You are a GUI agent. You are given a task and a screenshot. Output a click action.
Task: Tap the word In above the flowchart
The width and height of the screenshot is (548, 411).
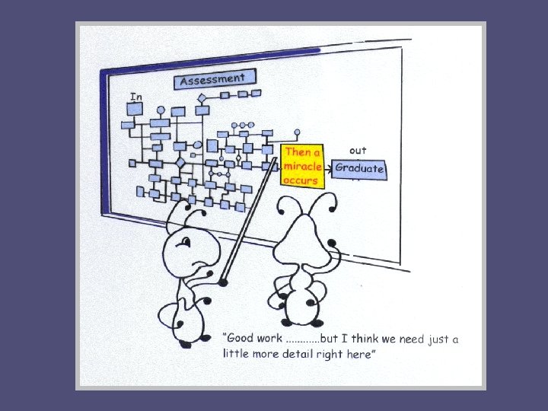tap(135, 97)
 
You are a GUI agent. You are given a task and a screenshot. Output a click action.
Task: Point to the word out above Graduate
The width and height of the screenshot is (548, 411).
tap(357, 150)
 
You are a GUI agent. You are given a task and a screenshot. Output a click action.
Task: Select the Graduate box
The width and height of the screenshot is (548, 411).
tap(359, 169)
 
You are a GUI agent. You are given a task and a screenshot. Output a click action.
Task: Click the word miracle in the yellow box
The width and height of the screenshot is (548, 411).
tap(303, 167)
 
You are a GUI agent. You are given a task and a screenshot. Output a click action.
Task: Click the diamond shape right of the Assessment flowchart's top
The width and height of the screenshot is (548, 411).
tap(202, 98)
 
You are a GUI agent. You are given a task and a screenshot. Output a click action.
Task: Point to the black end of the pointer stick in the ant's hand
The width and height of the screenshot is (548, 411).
tap(223, 282)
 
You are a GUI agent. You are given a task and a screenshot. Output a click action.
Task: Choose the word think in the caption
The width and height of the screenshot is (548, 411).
tap(365, 338)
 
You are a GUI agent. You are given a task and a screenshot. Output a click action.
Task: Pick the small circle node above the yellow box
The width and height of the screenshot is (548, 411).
tap(297, 132)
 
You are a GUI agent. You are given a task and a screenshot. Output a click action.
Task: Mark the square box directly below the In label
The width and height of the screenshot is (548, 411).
tap(135, 109)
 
